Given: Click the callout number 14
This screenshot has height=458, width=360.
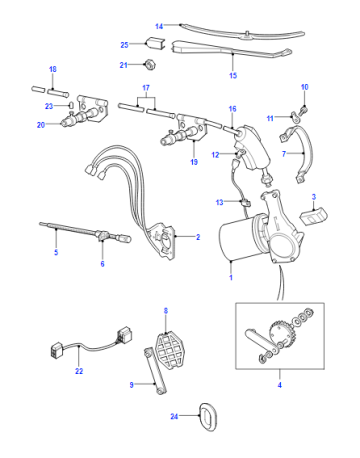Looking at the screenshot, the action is point(159,26).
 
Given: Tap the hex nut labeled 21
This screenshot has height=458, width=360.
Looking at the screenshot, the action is point(150,64).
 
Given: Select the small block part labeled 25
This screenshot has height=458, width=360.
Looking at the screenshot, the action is point(155,43).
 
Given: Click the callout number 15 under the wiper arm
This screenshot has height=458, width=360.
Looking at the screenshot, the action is point(233,76).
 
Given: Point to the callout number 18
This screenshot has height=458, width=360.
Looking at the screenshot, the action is point(53,69).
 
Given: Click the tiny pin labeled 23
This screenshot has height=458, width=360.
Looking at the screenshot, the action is point(71,105).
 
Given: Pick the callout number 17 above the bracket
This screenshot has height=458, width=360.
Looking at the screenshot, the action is point(146,88).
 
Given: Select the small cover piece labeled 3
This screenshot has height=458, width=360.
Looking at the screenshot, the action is point(314,215).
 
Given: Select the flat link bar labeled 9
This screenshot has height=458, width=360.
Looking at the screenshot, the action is point(155,370).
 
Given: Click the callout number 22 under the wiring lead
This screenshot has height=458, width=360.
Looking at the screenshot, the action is point(79,371).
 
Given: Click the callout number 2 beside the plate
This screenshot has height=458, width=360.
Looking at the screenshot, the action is point(198,237).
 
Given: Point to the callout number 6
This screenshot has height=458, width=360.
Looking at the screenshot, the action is point(102,264).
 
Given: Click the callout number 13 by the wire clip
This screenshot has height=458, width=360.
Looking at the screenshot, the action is point(219,202).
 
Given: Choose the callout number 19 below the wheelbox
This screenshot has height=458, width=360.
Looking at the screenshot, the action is point(194,162).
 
